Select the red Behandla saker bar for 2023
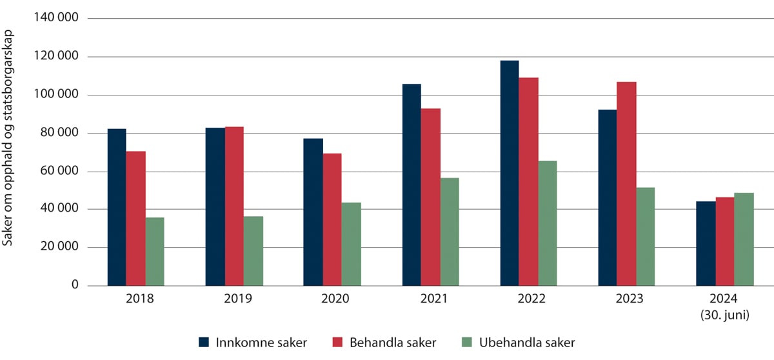tap(627, 184)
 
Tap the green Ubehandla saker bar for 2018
tap(155, 252)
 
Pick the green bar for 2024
tap(744, 239)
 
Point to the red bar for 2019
tap(235, 206)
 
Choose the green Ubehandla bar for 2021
tap(450, 232)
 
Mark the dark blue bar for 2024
tap(706, 243)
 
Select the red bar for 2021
tap(431, 197)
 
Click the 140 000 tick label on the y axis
tap(55, 19)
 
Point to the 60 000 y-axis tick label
tap(59, 172)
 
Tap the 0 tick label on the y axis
tap(74, 286)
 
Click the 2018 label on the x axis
tap(136, 300)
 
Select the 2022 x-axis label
tap(528, 300)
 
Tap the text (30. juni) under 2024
tap(725, 315)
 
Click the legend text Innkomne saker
tap(261, 343)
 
